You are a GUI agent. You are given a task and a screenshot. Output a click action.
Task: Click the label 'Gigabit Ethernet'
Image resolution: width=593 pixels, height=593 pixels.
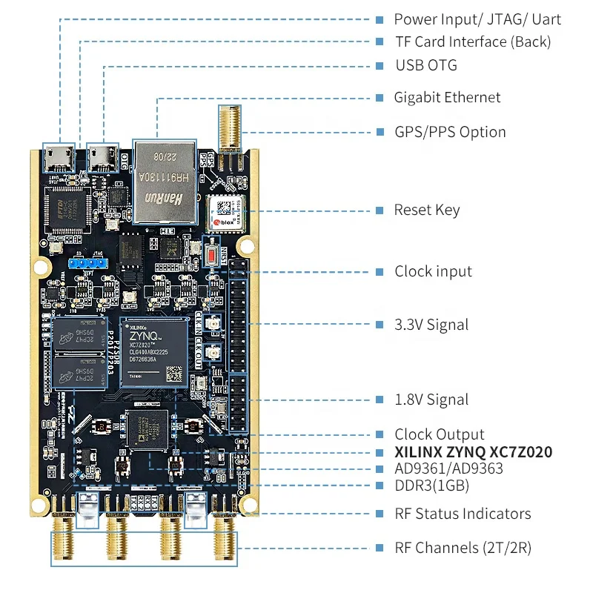click(447, 97)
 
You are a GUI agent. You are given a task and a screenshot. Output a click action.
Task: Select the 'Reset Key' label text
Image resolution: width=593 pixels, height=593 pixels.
click(427, 210)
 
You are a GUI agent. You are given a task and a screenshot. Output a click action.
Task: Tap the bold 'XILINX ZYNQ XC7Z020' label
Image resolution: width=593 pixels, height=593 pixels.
click(473, 452)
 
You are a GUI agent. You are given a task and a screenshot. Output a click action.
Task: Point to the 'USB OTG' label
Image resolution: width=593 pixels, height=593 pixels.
click(426, 65)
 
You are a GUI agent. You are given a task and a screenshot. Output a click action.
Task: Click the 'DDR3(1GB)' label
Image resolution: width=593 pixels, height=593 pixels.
click(431, 486)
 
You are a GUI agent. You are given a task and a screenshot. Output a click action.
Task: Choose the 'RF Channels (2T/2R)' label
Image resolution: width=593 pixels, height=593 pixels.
click(463, 548)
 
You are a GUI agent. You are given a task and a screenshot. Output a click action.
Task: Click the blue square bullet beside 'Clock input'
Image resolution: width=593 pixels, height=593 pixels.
click(380, 271)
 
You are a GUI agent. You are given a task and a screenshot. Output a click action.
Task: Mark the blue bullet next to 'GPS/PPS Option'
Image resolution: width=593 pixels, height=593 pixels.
click(380, 132)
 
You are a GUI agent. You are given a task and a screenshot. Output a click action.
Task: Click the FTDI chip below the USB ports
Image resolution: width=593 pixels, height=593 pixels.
click(66, 209)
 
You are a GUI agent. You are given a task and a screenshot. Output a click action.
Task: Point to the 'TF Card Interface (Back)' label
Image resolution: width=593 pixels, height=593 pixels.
click(472, 42)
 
